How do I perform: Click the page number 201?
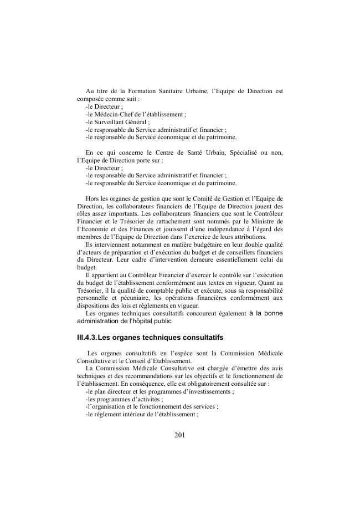click(x=179, y=435)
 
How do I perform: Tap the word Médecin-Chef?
click(x=115, y=114)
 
